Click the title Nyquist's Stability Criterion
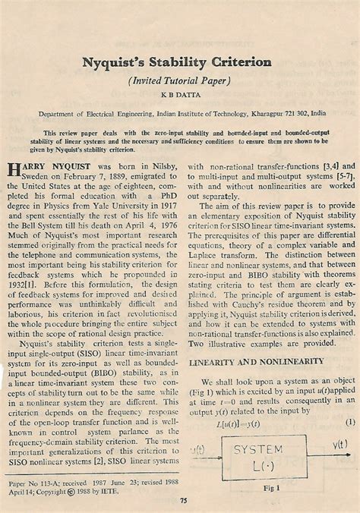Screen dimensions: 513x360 [x=180, y=59]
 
